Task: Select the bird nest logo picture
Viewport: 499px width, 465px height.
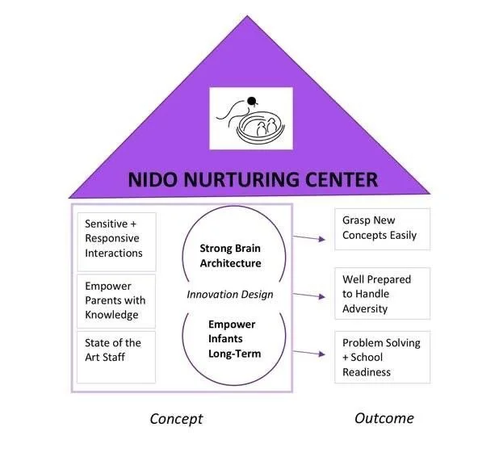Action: pos(251,118)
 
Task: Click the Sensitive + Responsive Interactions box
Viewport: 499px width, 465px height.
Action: pos(115,239)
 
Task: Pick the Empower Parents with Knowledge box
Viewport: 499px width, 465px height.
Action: pos(115,300)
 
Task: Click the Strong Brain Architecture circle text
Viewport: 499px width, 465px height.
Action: pos(231,255)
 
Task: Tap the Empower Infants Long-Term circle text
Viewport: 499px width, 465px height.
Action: pos(231,338)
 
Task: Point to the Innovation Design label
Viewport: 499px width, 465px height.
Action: pos(231,295)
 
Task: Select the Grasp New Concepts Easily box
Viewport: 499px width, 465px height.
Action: pos(381,229)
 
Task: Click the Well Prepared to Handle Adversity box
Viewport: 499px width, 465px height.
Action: pos(381,294)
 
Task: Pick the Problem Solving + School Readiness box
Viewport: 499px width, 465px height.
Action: pos(381,358)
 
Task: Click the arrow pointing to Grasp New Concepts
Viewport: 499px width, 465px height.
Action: pos(309,237)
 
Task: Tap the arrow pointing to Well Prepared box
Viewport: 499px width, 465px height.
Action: pos(309,295)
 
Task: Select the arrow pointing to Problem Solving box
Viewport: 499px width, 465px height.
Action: pos(309,352)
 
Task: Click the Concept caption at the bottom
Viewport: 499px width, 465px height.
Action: pos(176,419)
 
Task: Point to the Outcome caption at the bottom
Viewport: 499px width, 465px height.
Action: pos(384,418)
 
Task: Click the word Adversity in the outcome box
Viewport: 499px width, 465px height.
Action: pos(365,308)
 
